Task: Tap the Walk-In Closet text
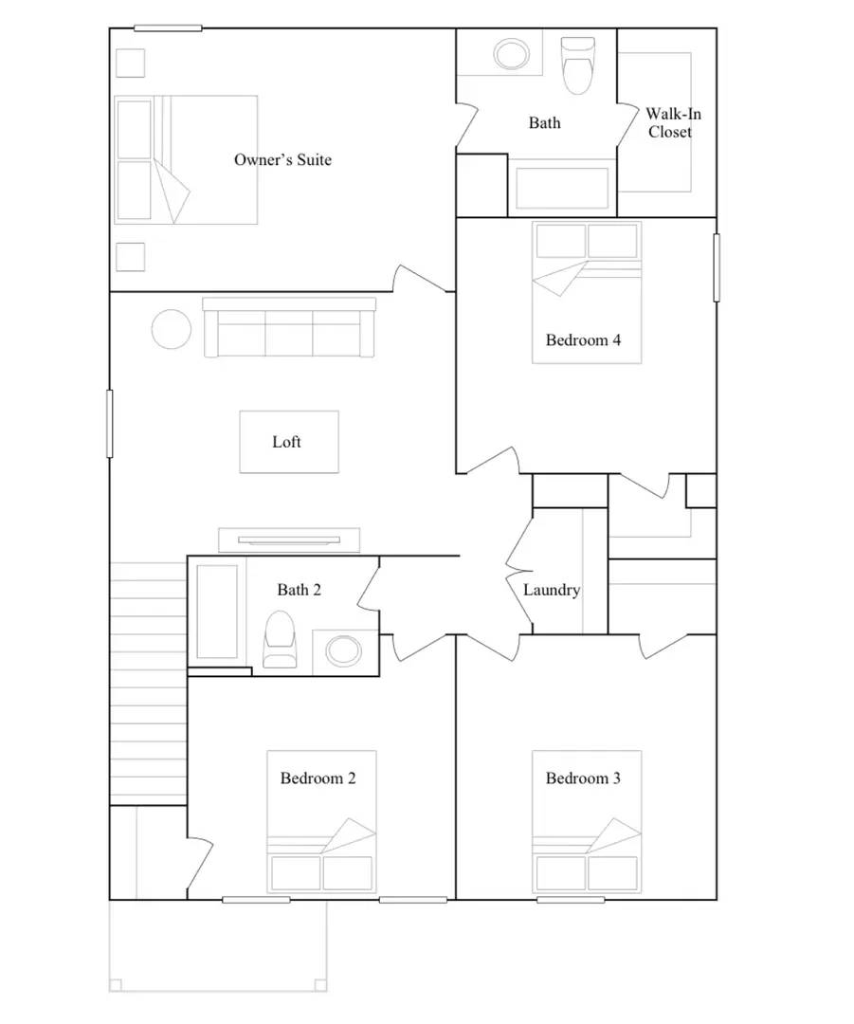tap(673, 123)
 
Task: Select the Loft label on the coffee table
tap(287, 442)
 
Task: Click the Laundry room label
tap(552, 590)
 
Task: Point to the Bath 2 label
tap(299, 590)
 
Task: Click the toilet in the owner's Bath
tap(577, 64)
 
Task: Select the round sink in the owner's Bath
tap(513, 53)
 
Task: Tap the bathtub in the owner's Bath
tap(562, 188)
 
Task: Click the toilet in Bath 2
tap(279, 639)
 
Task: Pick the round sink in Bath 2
tap(343, 650)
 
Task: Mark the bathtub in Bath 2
tap(217, 612)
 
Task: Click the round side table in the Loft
tap(172, 329)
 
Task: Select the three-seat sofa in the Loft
tap(289, 328)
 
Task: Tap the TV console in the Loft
tap(289, 539)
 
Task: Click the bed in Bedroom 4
tap(587, 291)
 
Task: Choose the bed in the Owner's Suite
tap(187, 158)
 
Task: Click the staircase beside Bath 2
tap(148, 683)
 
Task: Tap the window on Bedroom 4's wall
tap(716, 267)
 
